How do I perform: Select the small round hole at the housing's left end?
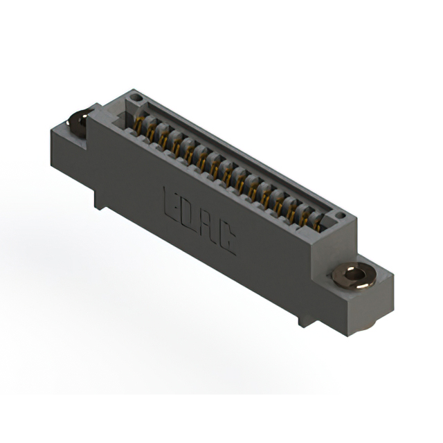136,97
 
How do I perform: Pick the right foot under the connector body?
305,320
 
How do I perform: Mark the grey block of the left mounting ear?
69,149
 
